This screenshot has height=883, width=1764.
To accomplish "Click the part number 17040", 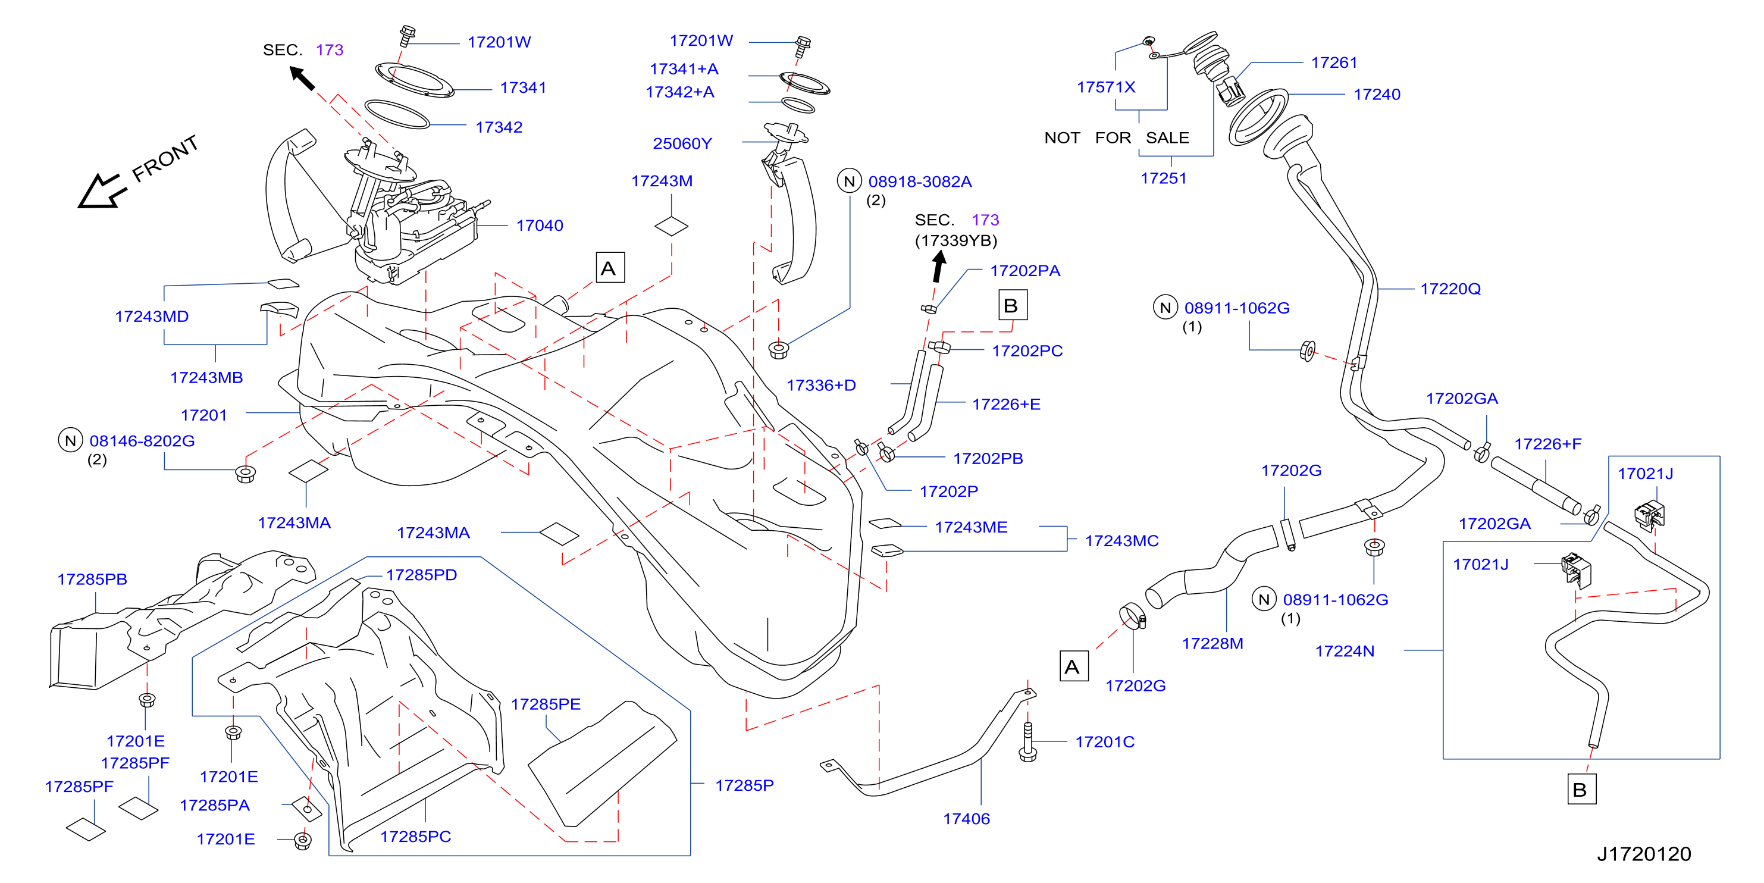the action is [540, 226].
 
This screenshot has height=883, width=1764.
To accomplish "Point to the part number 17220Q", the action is [1450, 289].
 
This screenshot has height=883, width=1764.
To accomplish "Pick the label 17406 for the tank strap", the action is [966, 819].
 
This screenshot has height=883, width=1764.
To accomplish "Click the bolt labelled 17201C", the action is [1027, 741].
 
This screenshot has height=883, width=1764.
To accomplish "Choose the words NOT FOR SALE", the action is [1116, 137].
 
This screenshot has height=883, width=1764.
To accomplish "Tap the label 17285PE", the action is [546, 704].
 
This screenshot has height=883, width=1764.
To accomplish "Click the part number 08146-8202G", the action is [142, 440].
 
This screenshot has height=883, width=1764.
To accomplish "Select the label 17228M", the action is [1212, 643].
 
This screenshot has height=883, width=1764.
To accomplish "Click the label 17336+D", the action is [821, 385].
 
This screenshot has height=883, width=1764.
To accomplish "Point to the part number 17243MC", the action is [1121, 540].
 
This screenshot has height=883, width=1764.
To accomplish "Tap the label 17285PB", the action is [92, 579].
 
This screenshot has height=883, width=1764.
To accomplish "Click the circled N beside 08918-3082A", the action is [850, 181].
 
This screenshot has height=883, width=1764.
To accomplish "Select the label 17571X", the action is [1106, 87].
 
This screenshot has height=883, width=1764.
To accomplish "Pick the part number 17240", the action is [1377, 94].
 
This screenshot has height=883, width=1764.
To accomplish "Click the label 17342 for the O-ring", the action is [499, 127].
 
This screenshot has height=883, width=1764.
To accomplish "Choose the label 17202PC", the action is [1027, 350].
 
